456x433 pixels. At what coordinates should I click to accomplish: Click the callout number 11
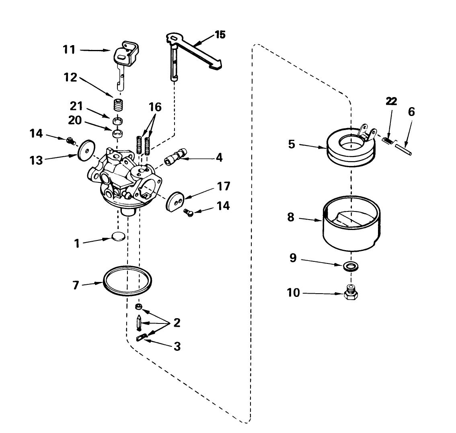[69, 51]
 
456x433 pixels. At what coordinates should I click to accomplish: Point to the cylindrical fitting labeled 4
[176, 157]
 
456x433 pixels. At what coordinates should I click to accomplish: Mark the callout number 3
[177, 346]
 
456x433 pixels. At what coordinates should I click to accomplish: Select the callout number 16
[155, 108]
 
